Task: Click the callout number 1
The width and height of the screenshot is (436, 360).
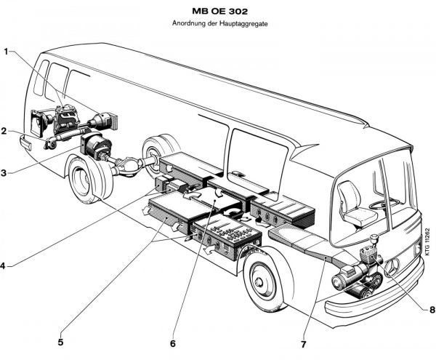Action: pyautogui.click(x=7, y=52)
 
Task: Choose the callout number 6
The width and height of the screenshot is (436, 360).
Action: pyautogui.click(x=173, y=342)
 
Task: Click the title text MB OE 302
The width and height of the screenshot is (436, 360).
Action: pyautogui.click(x=219, y=12)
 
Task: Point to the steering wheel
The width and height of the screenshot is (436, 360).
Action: pyautogui.click(x=385, y=203)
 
